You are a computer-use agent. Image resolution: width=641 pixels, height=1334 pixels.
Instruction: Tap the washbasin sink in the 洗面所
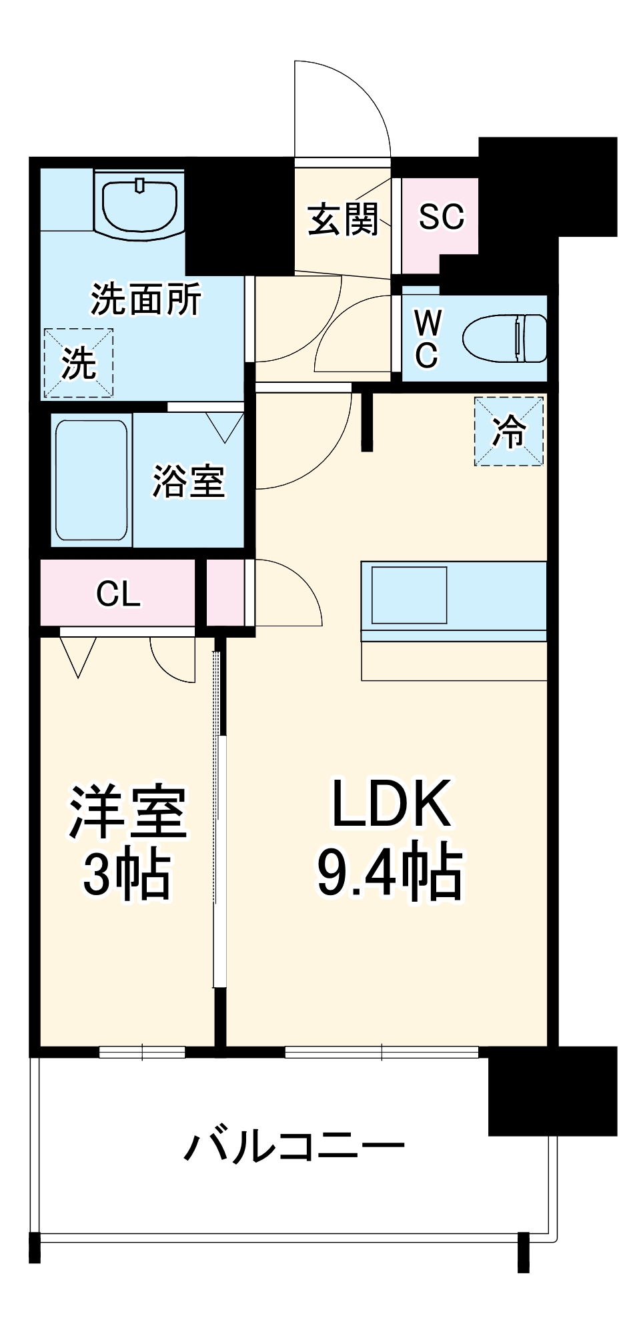coord(139,203)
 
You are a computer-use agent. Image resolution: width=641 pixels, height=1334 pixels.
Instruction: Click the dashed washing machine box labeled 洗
coord(78,363)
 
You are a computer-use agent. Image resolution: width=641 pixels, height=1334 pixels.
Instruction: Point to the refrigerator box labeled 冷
coord(509,431)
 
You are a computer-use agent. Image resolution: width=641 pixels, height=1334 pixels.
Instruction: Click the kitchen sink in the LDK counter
coord(409,595)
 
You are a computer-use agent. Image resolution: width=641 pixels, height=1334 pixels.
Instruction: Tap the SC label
coord(441,217)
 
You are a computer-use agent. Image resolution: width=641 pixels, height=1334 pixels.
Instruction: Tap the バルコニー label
coord(294,1147)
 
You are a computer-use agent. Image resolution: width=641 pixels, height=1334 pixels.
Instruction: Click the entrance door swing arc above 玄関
coord(347,107)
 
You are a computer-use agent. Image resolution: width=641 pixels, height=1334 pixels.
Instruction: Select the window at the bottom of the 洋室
coord(142,1052)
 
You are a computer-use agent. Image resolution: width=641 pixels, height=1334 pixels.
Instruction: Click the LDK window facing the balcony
coord(382,1052)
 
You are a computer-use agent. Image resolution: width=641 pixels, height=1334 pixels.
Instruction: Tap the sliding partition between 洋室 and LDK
coord(219,820)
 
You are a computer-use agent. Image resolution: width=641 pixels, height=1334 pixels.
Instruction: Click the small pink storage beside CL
coord(225,592)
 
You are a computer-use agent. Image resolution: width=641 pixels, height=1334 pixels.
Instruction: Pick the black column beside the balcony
coord(552,1091)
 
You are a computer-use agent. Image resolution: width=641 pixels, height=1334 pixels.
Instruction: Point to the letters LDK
coord(392,804)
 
